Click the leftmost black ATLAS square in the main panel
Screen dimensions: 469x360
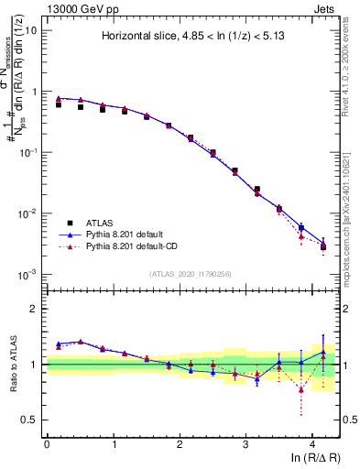click(59, 104)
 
